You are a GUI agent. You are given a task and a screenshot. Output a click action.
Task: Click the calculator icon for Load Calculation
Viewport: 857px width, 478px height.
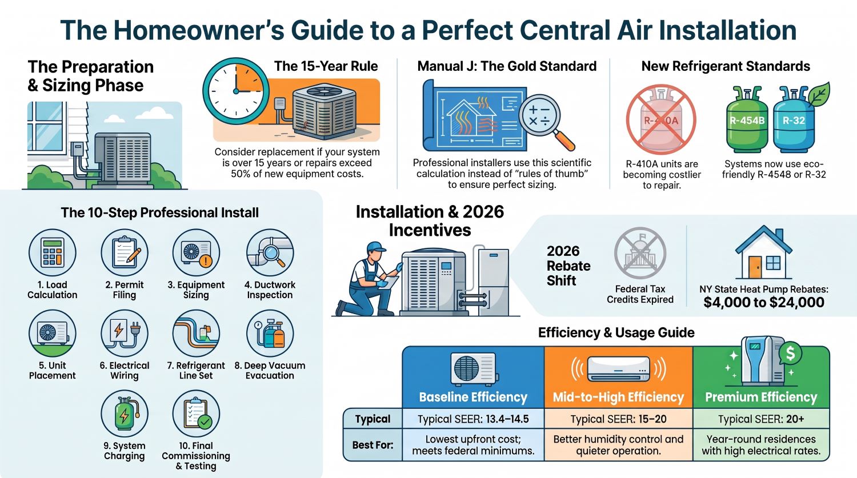pos(53,253)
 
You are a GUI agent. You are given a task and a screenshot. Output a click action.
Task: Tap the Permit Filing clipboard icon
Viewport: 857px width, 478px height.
pos(125,253)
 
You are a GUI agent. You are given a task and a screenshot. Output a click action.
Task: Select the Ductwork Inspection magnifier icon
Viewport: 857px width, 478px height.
pos(270,253)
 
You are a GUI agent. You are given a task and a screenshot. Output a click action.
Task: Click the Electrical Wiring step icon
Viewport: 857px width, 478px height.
pos(125,334)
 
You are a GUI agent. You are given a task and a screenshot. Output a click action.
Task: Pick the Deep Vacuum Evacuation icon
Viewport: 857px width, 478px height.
pos(270,334)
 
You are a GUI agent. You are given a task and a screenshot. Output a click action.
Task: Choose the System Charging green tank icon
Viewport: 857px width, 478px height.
pos(125,414)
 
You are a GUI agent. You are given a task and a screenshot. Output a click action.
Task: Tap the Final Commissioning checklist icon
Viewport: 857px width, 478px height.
pos(197,414)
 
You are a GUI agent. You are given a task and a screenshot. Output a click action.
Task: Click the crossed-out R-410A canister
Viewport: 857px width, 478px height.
pos(661,120)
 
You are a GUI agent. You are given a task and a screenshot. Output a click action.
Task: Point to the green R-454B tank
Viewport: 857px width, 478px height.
pos(747,119)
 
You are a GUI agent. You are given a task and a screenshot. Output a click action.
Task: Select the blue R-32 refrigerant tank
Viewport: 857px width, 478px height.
pos(794,119)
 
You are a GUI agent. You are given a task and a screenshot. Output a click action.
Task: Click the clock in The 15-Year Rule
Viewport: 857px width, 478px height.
pos(235,91)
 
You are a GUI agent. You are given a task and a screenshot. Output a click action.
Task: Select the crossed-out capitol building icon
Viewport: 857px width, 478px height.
pos(640,253)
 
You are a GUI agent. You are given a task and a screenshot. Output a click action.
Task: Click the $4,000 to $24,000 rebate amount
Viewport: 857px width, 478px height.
pos(764,302)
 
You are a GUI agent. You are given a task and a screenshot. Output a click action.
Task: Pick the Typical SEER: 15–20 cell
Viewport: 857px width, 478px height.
pos(618,419)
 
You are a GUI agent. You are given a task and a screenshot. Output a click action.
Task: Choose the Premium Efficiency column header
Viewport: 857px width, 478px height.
pos(761,397)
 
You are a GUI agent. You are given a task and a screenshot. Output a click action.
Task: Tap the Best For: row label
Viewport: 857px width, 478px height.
pos(373,445)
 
